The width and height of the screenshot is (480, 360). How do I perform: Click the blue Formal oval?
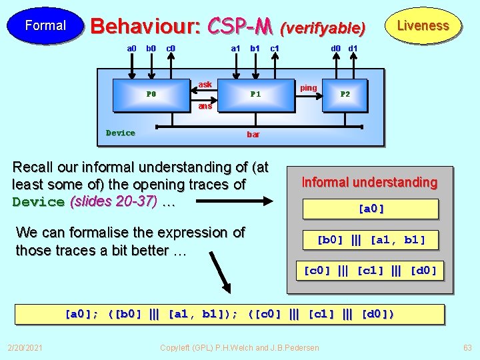(x=45, y=26)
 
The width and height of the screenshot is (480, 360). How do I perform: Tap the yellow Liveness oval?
(x=423, y=26)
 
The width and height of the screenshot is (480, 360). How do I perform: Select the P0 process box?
(x=151, y=94)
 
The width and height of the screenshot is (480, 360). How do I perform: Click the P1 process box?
(x=255, y=94)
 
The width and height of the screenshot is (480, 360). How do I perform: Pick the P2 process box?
(x=345, y=94)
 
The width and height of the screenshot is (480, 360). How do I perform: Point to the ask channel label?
(x=205, y=85)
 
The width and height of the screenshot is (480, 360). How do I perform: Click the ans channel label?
(x=205, y=106)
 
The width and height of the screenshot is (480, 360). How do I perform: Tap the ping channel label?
(x=309, y=88)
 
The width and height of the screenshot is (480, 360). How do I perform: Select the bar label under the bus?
(x=253, y=135)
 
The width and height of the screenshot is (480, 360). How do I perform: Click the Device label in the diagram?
(x=121, y=133)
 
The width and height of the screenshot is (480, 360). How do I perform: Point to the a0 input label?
(x=132, y=48)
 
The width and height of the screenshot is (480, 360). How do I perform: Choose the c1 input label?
(x=274, y=48)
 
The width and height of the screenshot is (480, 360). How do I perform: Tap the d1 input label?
(x=353, y=48)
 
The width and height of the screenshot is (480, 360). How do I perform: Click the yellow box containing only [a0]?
(x=371, y=209)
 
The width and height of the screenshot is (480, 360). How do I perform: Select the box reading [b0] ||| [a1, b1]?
(x=371, y=239)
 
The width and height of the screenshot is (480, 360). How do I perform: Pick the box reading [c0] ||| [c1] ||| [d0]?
(x=371, y=271)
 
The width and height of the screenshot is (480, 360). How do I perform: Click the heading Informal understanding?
(x=369, y=182)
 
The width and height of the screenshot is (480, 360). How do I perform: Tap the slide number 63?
(x=467, y=347)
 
